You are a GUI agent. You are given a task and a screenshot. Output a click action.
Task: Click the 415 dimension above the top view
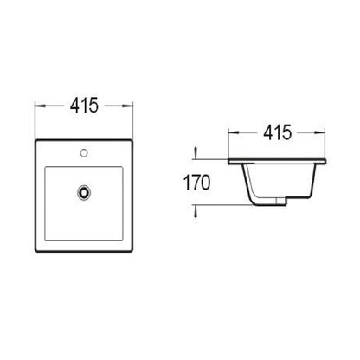pyautogui.click(x=83, y=105)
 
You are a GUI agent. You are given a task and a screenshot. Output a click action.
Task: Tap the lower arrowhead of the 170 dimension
pyautogui.click(x=198, y=206)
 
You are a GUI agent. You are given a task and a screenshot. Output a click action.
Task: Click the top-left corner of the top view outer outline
pyautogui.click(x=35, y=139)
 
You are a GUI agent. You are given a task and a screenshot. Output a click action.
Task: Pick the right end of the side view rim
pyautogui.click(x=325, y=164)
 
